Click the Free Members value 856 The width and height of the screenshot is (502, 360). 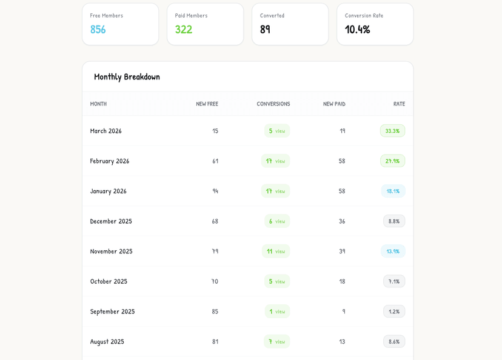coord(98,29)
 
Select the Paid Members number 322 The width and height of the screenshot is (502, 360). coord(183,29)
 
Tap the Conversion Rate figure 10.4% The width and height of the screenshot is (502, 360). coord(357,29)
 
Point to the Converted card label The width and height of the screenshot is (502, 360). coord(272,16)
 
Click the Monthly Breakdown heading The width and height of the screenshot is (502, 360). coord(127,76)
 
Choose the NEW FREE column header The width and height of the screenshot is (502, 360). coord(207,104)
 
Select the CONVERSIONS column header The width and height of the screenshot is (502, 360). coord(273,104)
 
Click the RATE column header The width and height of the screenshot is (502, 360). coord(399,104)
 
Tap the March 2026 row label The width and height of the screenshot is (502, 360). coord(105,131)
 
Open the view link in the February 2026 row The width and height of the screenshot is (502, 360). coord(280,161)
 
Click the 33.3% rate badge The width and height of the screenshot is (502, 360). coord(392,131)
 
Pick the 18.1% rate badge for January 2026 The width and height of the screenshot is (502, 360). coord(392,191)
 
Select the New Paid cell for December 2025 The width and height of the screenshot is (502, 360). coord(342,221)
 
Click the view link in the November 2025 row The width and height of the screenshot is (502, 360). coord(280,252)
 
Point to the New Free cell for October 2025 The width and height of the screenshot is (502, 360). coord(215,281)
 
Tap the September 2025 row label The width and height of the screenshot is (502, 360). coord(112,312)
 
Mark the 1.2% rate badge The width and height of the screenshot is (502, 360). coord(393,312)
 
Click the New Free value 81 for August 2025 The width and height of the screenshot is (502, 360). coord(215,342)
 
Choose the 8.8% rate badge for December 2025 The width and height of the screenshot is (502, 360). coord(393,221)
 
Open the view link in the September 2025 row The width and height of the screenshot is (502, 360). coord(280,312)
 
